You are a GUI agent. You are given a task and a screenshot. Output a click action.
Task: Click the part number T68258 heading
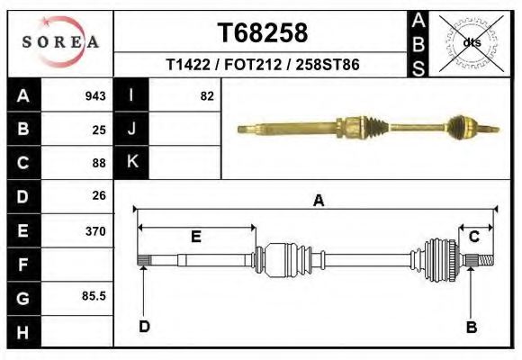[263, 33]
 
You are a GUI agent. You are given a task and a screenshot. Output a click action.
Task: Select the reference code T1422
[188, 64]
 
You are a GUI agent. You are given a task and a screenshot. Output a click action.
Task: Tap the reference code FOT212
[253, 64]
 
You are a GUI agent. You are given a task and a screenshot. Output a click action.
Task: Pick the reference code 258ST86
[328, 64]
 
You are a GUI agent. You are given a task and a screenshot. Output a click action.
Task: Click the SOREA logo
[60, 42]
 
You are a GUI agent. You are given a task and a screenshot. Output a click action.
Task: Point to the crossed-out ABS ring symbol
[471, 43]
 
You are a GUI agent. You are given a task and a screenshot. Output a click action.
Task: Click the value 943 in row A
[95, 96]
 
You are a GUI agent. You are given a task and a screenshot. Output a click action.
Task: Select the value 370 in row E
[95, 231]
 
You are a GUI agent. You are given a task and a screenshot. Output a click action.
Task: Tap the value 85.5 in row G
[94, 296]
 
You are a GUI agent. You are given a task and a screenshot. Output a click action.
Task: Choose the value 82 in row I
[207, 96]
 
